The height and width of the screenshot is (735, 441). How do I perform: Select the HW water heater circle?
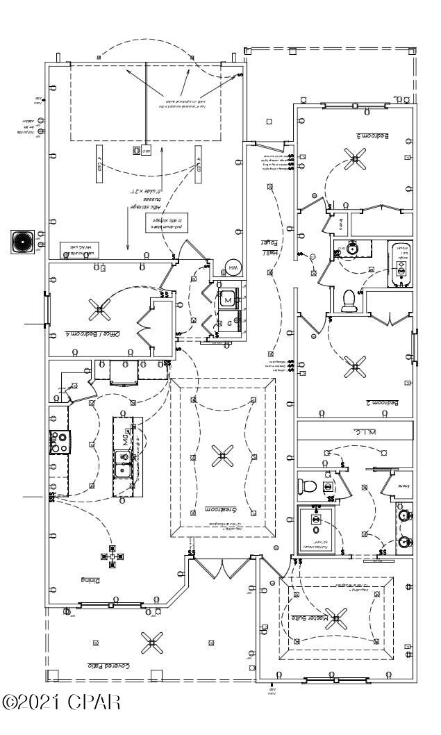pyautogui.click(x=233, y=269)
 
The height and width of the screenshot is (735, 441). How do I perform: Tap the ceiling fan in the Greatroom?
pyautogui.click(x=223, y=455)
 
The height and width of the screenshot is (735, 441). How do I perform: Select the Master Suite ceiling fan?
pyautogui.click(x=338, y=616)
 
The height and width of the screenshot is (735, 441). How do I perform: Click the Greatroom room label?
pyautogui.click(x=222, y=511)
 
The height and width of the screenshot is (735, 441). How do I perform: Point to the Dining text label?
pyautogui.click(x=91, y=579)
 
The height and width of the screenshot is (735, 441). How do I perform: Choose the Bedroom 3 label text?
pyautogui.click(x=372, y=136)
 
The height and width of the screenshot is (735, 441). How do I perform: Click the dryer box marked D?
pyautogui.click(x=228, y=322)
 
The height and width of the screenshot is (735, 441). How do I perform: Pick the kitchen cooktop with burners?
pyautogui.click(x=57, y=442)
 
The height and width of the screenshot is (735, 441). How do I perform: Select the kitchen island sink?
pyautogui.click(x=124, y=463)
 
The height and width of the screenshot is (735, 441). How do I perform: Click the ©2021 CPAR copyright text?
pyautogui.click(x=63, y=700)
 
